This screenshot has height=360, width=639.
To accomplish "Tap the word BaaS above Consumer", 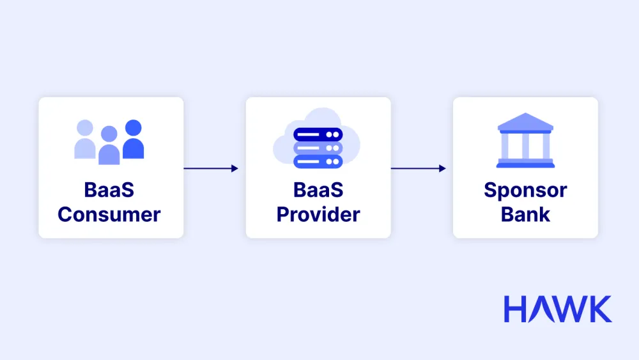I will coord(109,190).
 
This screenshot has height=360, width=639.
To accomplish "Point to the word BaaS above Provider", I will coord(318,190).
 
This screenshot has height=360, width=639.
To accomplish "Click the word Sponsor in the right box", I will coord(525,190).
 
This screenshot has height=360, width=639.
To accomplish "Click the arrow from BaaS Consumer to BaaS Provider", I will coord(211,168).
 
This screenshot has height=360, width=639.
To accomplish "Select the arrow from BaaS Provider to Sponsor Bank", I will coord(418,168).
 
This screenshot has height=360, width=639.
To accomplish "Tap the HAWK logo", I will coord(557,309).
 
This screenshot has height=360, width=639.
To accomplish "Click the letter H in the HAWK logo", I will coord(516,309).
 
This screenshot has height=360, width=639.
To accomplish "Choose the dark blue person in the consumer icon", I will coord(133,141).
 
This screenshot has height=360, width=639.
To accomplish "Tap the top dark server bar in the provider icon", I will coord(318,134).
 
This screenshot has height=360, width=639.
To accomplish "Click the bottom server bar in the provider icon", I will coord(318,161).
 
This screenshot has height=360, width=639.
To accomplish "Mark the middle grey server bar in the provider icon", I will coord(318,148).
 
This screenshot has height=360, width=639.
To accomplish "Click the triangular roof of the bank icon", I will coord(525,122).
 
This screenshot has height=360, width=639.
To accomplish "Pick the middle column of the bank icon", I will coord(525,146).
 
